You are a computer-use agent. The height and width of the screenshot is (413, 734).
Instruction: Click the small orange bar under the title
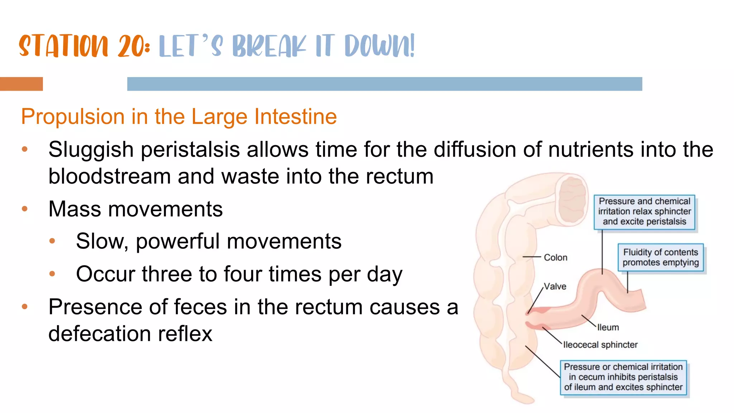21,84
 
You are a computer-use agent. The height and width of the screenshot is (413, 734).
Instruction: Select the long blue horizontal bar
384,84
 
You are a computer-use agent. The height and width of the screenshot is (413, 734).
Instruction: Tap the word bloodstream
109,176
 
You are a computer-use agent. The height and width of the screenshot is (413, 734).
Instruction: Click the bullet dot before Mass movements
24,209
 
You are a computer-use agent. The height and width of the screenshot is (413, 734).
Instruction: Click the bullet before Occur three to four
52,274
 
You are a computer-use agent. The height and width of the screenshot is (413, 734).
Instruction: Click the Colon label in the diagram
555,257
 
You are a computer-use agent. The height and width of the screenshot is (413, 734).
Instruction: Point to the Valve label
555,286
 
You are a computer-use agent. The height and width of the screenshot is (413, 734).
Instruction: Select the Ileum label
608,327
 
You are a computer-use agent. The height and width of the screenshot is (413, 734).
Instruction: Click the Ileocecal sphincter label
600,345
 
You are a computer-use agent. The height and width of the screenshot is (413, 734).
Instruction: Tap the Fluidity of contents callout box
661,257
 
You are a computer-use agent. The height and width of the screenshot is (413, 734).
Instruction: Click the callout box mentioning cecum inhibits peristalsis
623,377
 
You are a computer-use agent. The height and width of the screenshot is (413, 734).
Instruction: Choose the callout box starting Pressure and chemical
644,212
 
